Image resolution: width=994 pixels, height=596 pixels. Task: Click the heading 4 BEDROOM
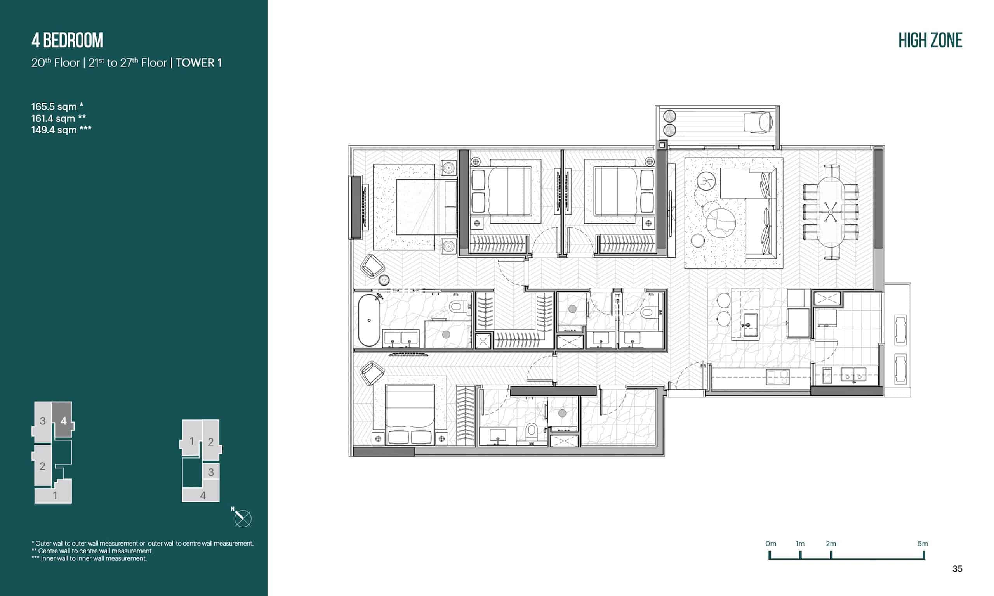click(67, 40)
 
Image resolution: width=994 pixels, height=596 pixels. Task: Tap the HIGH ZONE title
click(930, 41)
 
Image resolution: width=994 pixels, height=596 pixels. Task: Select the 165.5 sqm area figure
click(57, 107)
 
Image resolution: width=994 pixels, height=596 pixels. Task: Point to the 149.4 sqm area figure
click(61, 130)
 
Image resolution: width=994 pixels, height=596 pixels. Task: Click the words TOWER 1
click(198, 62)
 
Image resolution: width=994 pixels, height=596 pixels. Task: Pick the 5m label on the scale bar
click(923, 544)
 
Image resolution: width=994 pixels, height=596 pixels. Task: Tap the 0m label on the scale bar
click(771, 544)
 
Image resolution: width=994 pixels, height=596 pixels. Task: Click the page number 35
click(958, 569)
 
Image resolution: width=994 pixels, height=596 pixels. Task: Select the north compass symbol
click(242, 518)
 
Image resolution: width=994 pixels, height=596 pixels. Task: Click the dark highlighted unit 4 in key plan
click(63, 420)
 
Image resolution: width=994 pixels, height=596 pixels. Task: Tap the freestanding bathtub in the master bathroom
click(369, 321)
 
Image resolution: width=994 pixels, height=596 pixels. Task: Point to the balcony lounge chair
click(758, 122)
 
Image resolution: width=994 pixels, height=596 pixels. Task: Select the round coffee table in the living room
click(721, 222)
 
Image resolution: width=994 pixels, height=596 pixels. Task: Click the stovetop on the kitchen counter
click(777, 377)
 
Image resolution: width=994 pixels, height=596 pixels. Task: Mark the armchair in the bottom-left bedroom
click(372, 373)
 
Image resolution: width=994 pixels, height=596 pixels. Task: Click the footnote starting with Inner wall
click(89, 558)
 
